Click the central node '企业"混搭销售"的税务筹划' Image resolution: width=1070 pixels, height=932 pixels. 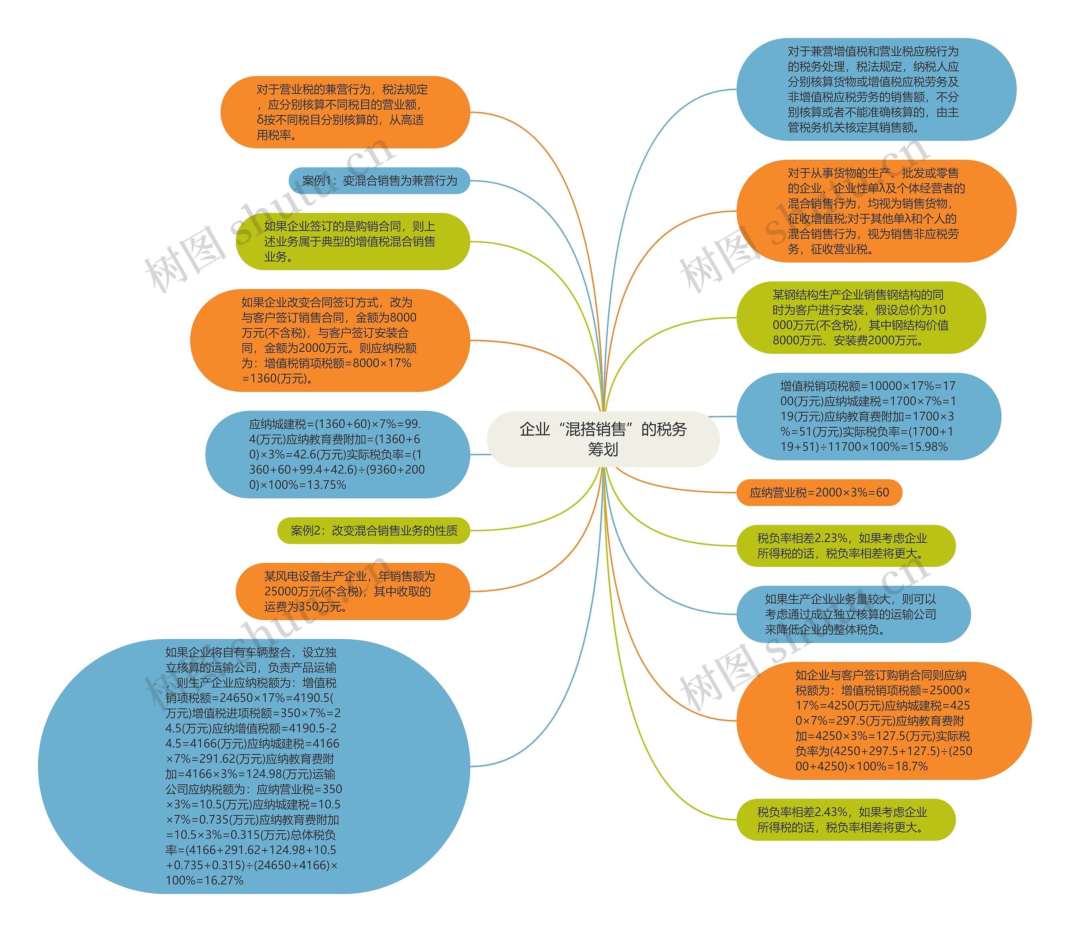coord(603,439)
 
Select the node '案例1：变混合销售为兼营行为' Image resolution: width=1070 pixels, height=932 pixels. coord(379,181)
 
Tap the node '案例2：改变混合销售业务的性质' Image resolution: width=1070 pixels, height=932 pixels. coord(374,531)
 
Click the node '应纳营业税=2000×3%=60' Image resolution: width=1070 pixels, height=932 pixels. coord(819,493)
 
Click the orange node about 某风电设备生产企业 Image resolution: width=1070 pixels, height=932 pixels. coord(352,591)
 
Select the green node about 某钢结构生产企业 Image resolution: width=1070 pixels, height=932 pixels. coord(861,317)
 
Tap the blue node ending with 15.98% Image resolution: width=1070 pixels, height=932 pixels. coord(868,416)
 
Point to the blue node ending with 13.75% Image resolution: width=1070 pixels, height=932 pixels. coord(337,454)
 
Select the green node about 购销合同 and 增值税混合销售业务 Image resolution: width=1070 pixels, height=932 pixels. coord(352,241)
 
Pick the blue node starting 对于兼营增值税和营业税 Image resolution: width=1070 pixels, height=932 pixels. coord(876,89)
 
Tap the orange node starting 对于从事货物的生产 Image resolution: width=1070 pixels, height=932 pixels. coord(876,211)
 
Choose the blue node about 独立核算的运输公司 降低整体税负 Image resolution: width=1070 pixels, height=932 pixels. coord(853,614)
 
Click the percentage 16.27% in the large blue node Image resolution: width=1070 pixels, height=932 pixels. coord(224,881)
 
